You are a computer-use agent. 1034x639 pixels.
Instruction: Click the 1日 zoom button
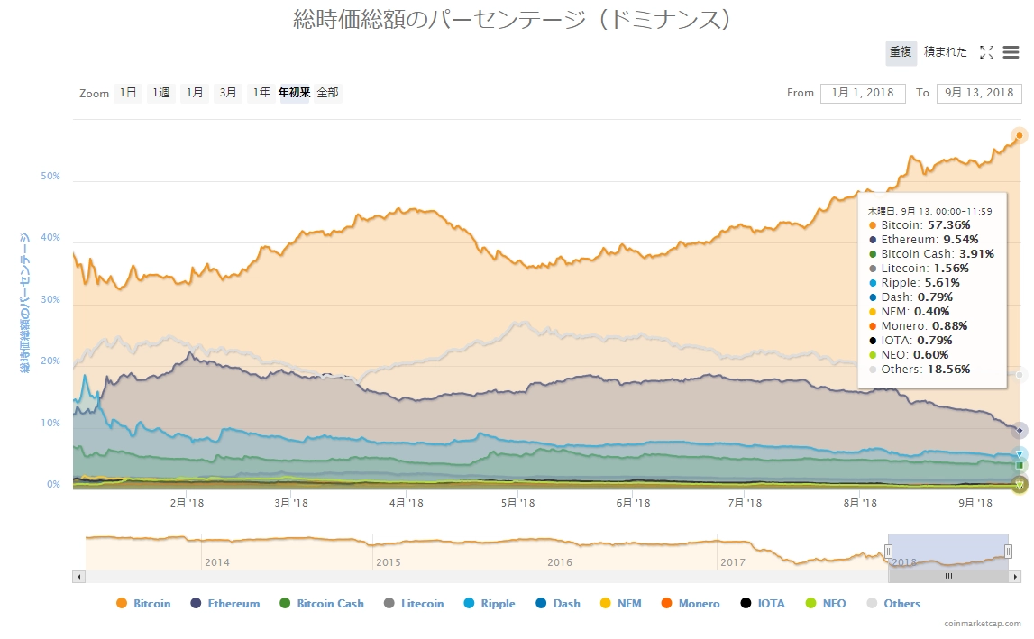tap(128, 93)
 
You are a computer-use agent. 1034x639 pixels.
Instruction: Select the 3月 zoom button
tap(228, 93)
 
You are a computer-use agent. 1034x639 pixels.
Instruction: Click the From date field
tap(856, 93)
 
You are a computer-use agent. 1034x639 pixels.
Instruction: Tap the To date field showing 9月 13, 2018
tap(978, 93)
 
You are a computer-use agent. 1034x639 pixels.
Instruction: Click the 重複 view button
tap(901, 52)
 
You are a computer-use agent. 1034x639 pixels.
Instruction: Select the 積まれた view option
tap(945, 52)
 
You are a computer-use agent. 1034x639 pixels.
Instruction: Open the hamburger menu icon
tap(1011, 52)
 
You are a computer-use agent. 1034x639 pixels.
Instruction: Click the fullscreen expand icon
tap(986, 52)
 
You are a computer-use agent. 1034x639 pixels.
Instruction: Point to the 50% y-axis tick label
tap(50, 177)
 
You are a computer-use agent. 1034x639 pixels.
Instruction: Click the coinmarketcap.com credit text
tap(983, 624)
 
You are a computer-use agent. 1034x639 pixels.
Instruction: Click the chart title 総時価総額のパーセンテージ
tap(511, 19)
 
